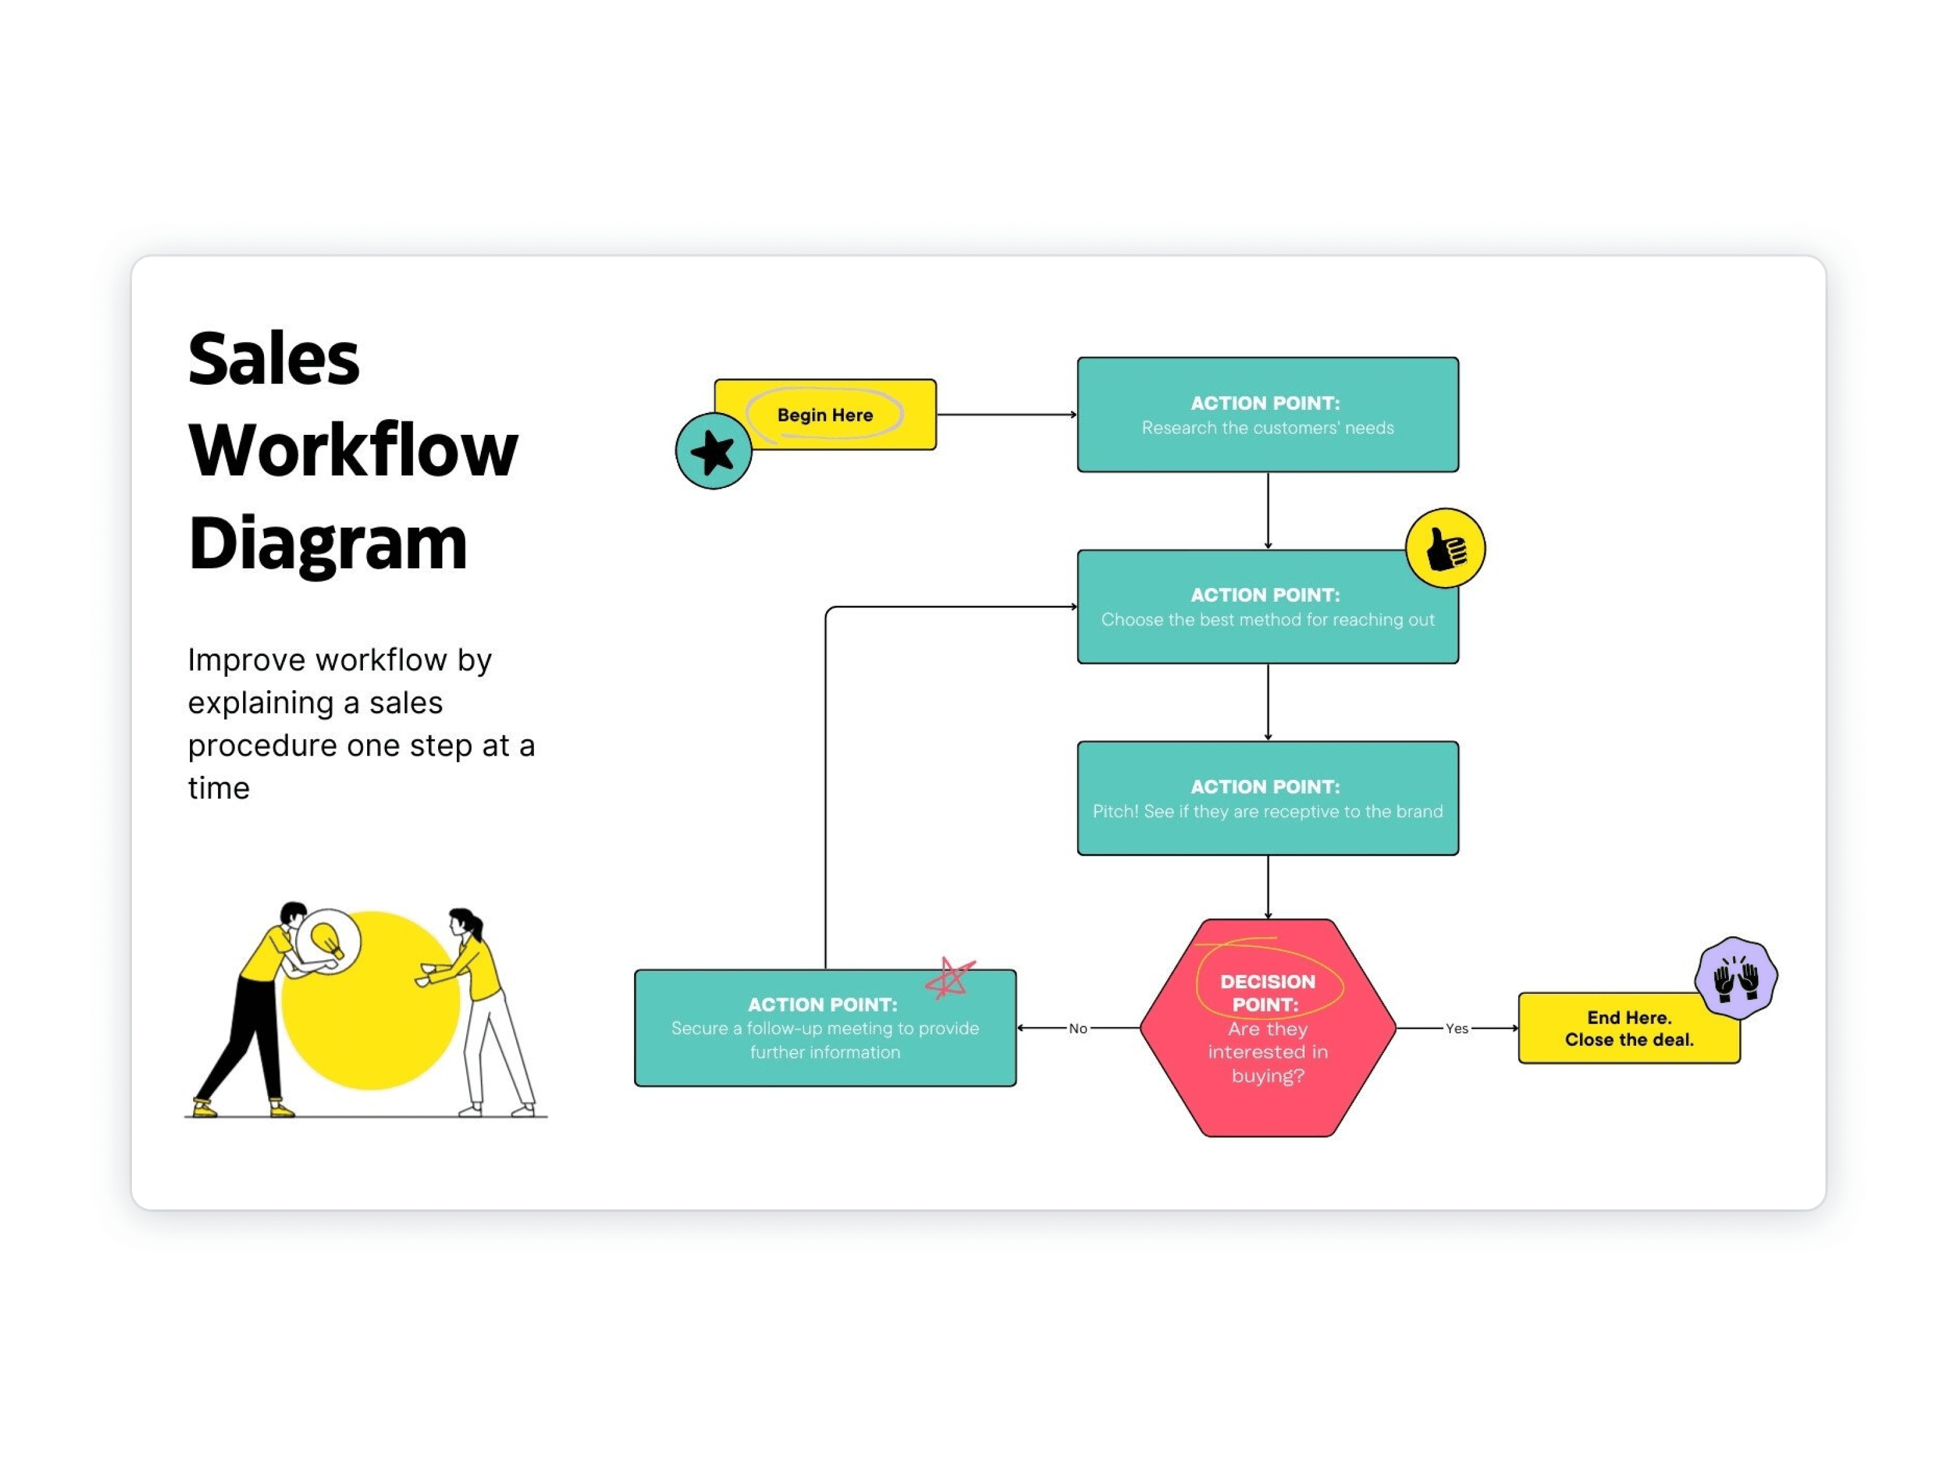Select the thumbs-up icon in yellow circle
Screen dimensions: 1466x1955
click(x=1445, y=549)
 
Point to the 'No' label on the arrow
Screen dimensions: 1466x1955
click(x=1077, y=1029)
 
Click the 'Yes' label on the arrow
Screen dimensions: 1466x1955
click(x=1456, y=1029)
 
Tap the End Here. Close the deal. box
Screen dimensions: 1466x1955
click(x=1628, y=1029)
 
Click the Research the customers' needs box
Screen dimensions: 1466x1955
click(x=1268, y=415)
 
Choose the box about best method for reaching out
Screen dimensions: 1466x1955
click(x=1268, y=608)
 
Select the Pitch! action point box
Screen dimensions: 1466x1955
click(x=1268, y=799)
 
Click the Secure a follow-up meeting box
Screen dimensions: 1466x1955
click(x=825, y=1029)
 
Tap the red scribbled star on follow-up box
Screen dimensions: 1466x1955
click(x=949, y=978)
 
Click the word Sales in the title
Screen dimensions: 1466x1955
click(x=274, y=360)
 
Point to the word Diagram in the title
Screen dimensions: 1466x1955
click(x=327, y=544)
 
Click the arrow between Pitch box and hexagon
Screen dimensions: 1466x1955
click(x=1268, y=886)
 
